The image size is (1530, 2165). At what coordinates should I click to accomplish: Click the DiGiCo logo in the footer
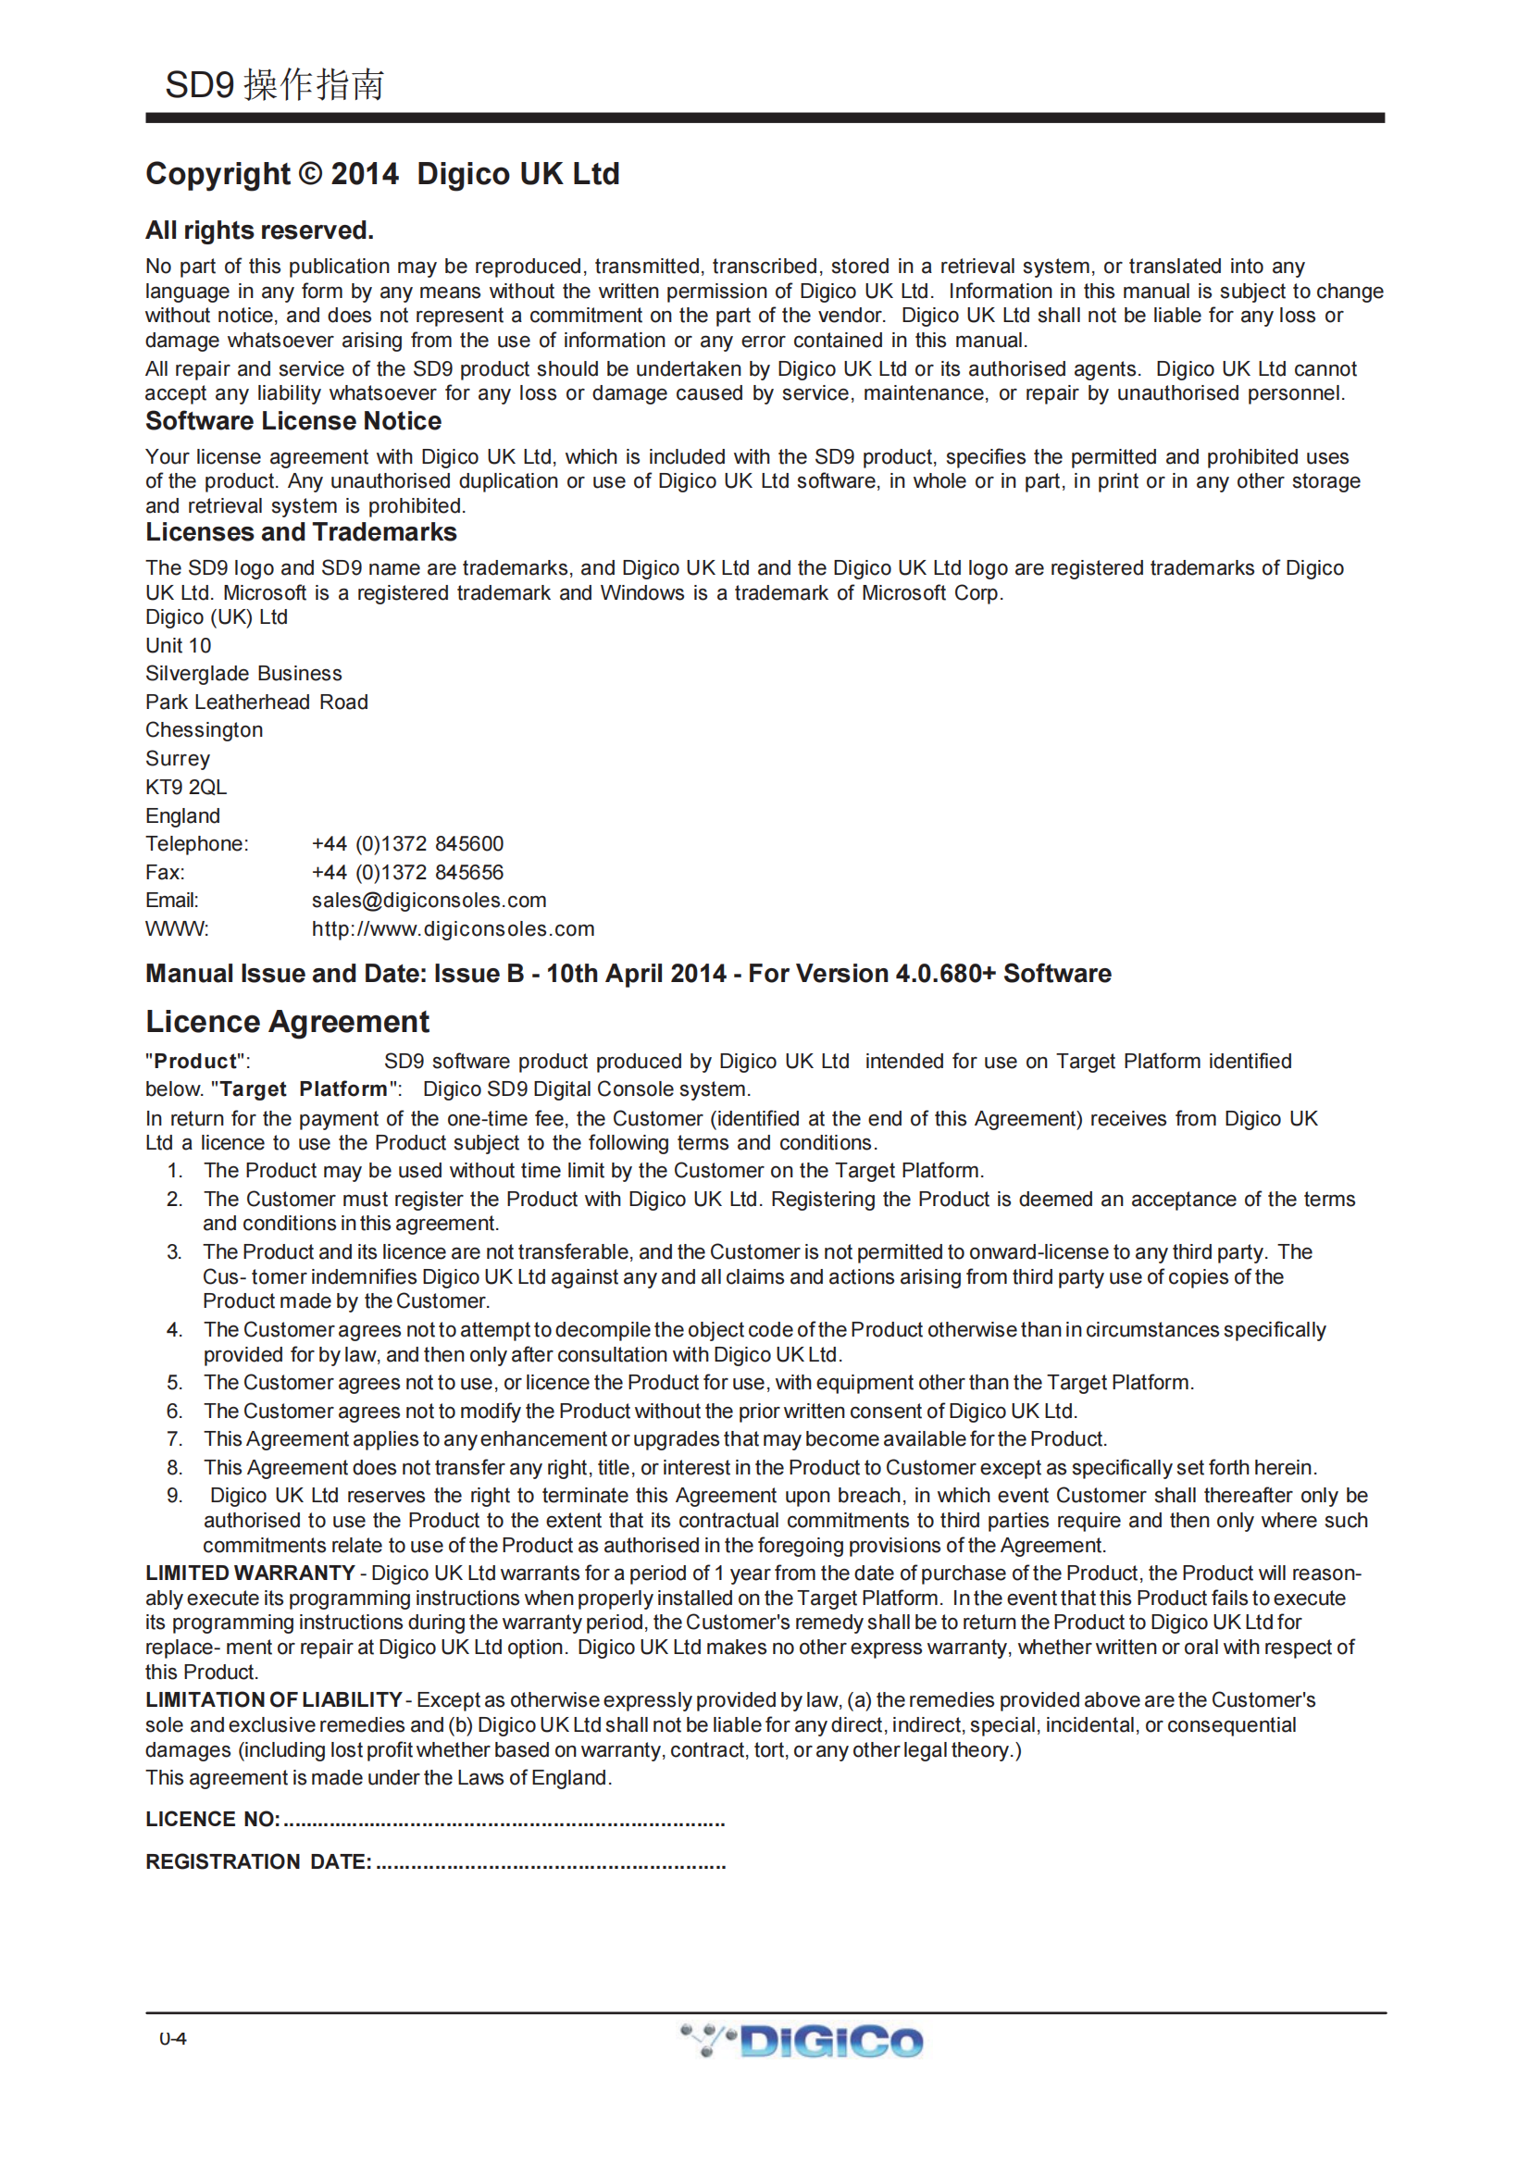(x=802, y=2041)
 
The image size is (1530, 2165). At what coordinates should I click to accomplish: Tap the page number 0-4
(x=172, y=2038)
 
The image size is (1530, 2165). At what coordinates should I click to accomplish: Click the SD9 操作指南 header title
(x=274, y=85)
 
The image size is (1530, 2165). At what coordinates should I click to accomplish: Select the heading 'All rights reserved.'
(x=259, y=230)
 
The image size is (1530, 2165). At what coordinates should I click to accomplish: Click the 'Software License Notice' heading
(x=293, y=420)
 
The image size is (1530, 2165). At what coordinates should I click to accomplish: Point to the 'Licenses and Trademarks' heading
(x=301, y=532)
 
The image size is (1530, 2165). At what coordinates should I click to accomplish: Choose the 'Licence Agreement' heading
(x=288, y=1021)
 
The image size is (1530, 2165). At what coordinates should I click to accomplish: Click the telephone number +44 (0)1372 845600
(x=407, y=844)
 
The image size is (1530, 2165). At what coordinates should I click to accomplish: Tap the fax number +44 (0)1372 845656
(x=407, y=872)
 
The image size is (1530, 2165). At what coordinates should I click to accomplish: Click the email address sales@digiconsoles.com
(x=429, y=901)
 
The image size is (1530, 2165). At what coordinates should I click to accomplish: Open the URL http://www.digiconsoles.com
(x=453, y=928)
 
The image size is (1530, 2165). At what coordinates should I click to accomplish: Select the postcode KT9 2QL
(x=186, y=788)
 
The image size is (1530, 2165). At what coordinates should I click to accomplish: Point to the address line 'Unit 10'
(x=178, y=645)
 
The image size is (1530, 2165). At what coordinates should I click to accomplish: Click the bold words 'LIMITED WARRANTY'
(x=250, y=1573)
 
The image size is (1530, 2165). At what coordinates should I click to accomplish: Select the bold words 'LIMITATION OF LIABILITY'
(x=273, y=1699)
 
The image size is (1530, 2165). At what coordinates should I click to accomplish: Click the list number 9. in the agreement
(x=174, y=1496)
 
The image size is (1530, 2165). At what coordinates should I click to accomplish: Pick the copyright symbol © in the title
(x=310, y=174)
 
